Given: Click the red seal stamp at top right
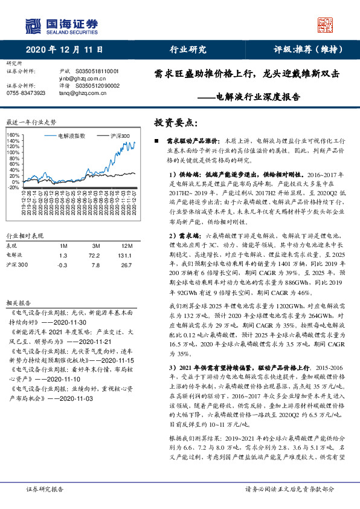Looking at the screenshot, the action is click(327, 24).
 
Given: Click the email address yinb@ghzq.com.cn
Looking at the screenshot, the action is click(82, 78).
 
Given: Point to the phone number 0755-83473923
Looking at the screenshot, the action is click(26, 93).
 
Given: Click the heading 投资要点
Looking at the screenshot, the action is click(176, 122).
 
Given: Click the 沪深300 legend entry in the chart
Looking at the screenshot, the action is click(119, 137).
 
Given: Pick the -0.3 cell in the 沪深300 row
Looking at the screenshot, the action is click(62, 265).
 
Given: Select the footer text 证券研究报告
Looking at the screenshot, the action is click(45, 489).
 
